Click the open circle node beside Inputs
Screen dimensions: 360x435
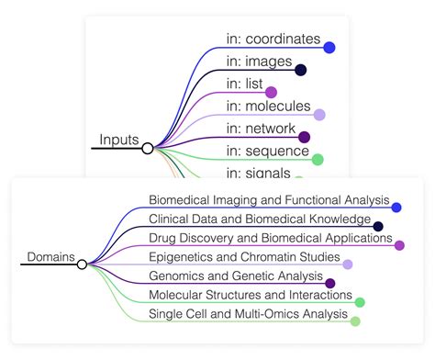coord(148,147)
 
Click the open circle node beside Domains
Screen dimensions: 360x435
coord(83,264)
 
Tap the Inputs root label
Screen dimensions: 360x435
coord(119,141)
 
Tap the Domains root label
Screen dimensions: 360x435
coord(51,257)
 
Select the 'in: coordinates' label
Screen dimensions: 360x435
coord(273,39)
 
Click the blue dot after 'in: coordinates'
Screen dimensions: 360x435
coord(329,48)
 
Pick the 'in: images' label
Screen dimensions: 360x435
coord(260,62)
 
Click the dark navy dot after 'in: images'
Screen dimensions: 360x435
coord(300,70)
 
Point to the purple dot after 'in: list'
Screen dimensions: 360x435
coord(271,92)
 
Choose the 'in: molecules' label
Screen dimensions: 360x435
coord(269,107)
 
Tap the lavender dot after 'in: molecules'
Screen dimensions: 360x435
coord(319,115)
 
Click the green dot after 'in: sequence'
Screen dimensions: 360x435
coord(318,160)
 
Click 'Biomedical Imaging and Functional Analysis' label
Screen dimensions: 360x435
coord(269,200)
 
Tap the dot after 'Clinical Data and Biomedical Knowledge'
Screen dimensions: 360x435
coord(378,226)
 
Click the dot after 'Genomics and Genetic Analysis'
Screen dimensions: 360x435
coord(330,284)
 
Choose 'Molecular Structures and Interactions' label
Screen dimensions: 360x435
coord(251,295)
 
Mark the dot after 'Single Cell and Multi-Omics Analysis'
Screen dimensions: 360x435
coord(355,321)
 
